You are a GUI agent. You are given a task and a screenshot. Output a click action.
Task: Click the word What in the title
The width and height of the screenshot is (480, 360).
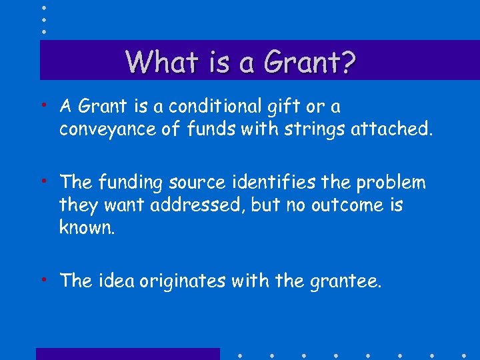click(x=157, y=62)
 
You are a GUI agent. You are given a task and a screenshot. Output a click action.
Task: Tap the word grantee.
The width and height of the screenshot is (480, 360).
click(x=346, y=281)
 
